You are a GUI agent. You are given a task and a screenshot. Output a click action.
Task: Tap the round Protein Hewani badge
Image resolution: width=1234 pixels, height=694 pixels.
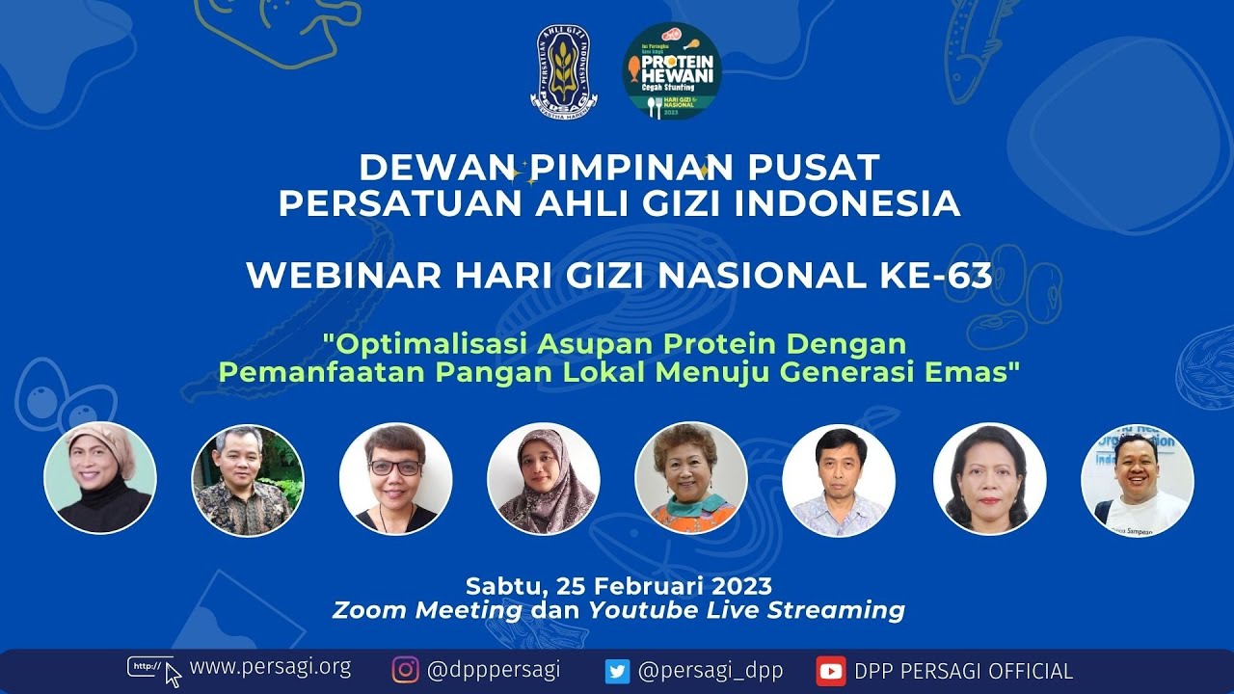coord(672,71)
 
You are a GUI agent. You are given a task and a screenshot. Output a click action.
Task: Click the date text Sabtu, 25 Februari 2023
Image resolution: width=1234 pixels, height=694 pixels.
coord(618,585)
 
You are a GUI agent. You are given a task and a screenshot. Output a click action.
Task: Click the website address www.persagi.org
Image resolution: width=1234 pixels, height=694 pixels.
coord(270,667)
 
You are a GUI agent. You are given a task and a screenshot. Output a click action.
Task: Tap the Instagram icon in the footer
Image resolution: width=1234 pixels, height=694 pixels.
coord(406,670)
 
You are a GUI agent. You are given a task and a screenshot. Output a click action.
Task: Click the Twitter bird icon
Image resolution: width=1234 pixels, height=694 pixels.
coord(617,671)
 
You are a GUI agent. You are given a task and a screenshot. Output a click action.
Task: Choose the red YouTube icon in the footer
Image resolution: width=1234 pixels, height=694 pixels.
coord(830,671)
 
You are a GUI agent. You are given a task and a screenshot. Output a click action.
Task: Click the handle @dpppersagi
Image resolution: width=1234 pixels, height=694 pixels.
coord(493,670)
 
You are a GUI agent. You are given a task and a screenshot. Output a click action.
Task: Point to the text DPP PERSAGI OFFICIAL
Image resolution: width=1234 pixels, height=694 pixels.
coord(963,671)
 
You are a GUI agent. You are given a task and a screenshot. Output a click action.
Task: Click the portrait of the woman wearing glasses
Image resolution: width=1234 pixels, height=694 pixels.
coord(395,479)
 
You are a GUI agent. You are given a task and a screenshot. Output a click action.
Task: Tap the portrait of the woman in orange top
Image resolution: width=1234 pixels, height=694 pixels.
coord(690,479)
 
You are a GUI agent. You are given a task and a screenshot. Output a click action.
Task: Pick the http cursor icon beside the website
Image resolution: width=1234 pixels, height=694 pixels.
coord(153,669)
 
